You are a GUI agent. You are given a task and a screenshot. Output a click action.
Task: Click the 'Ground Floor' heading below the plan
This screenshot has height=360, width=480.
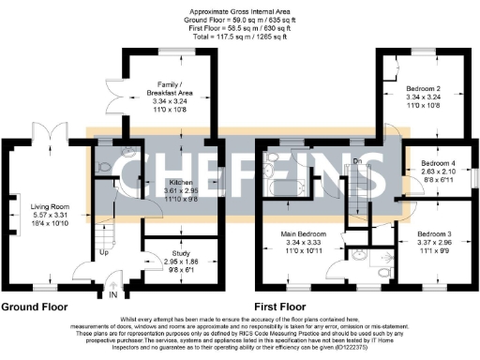tap(39, 307)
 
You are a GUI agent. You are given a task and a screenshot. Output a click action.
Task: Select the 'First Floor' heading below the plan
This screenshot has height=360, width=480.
tap(281, 307)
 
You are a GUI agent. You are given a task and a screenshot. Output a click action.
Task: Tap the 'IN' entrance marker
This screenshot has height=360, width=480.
tap(113, 294)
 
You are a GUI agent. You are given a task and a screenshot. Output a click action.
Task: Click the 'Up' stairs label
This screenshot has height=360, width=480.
tap(103, 253)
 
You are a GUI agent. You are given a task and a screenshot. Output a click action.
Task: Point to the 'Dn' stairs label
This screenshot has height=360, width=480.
tap(357, 161)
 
